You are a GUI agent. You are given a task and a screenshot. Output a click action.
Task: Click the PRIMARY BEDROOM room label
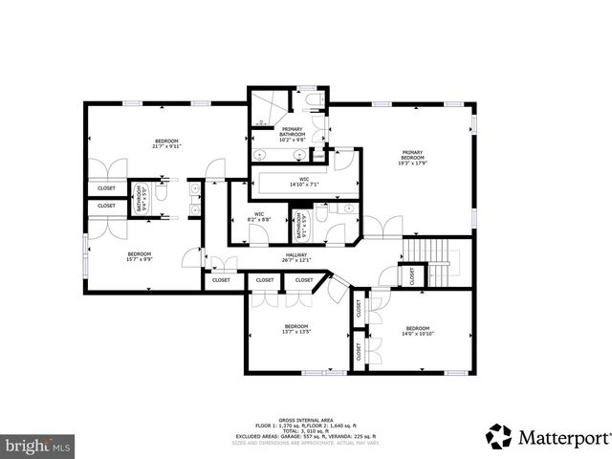[413, 152]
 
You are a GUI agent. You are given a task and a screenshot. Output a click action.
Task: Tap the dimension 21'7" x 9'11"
[165, 147]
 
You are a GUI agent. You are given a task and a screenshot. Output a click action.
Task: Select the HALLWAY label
[295, 255]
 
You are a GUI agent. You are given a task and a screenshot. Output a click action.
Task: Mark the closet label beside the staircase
[411, 275]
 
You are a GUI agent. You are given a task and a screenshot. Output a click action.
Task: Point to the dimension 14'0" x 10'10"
[417, 334]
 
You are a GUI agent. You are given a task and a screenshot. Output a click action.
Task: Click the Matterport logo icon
[499, 436]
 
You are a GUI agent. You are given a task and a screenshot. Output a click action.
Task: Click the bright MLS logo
[37, 445]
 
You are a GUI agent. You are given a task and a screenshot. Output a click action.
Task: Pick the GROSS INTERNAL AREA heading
[306, 419]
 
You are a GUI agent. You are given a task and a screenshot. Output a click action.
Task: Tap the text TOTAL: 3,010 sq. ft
[306, 431]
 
